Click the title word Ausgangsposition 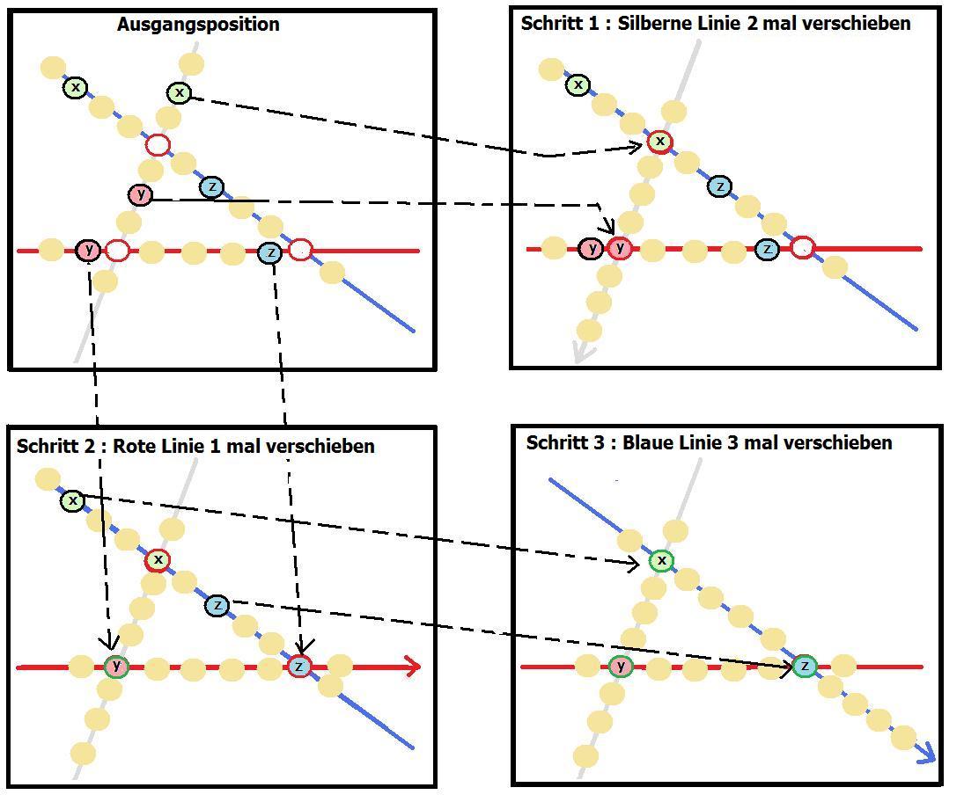(x=198, y=25)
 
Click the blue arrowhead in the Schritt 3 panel (x=924, y=754)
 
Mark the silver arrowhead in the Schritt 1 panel (x=580, y=352)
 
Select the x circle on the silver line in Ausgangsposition (x=179, y=92)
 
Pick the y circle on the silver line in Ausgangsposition (x=140, y=194)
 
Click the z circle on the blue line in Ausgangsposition (x=211, y=187)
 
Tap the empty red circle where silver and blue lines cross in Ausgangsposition (x=158, y=145)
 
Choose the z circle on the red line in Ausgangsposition (x=270, y=253)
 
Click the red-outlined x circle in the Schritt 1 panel (x=659, y=141)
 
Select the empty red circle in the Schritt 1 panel (x=802, y=248)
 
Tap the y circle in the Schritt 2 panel (x=115, y=667)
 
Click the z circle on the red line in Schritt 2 (x=299, y=667)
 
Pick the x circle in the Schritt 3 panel (x=661, y=560)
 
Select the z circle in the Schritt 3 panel (x=804, y=667)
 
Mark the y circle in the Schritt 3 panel (x=622, y=667)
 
